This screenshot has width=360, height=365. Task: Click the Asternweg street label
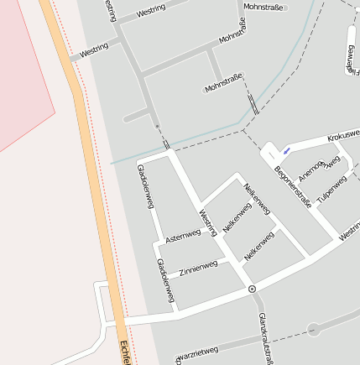click(182, 237)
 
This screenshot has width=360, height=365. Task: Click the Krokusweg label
click(343, 133)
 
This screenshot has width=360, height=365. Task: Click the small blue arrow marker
click(287, 151)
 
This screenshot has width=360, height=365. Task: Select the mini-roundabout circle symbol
click(252, 289)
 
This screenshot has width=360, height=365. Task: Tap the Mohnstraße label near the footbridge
click(224, 82)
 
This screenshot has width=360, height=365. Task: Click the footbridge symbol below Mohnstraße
click(253, 103)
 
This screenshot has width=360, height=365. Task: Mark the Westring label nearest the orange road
click(94, 51)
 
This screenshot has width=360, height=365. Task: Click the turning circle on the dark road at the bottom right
click(314, 329)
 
